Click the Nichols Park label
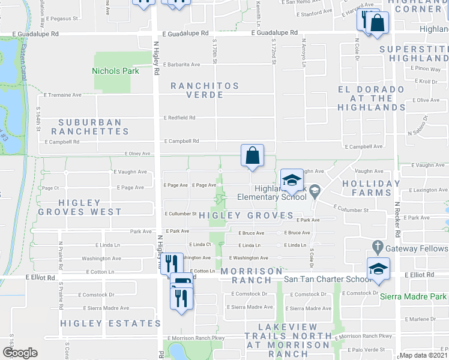pyautogui.click(x=115, y=71)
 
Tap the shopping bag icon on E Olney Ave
pyautogui.click(x=253, y=155)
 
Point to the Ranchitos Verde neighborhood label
pyautogui.click(x=197, y=90)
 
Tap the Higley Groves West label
pyautogui.click(x=79, y=207)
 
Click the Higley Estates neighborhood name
pyautogui.click(x=110, y=323)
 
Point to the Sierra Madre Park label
pyautogui.click(x=414, y=296)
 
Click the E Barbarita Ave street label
pyautogui.click(x=182, y=64)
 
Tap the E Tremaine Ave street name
pyautogui.click(x=62, y=95)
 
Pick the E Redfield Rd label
pyautogui.click(x=179, y=118)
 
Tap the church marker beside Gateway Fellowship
pyautogui.click(x=377, y=246)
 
